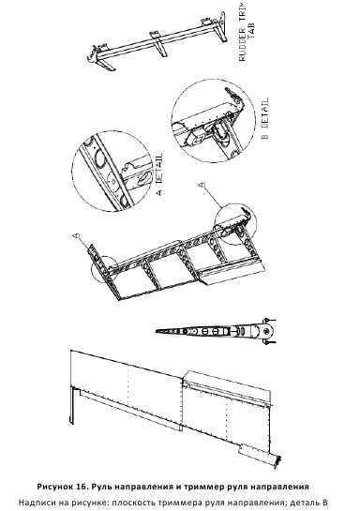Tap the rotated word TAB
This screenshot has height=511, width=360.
251,30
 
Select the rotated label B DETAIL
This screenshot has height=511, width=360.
265,118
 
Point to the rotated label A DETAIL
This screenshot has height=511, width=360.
158,174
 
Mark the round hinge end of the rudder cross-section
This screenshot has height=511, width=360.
265,332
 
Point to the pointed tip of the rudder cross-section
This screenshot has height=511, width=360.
157,331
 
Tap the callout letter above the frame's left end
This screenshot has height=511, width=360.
76,234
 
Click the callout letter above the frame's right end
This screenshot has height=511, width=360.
202,185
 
